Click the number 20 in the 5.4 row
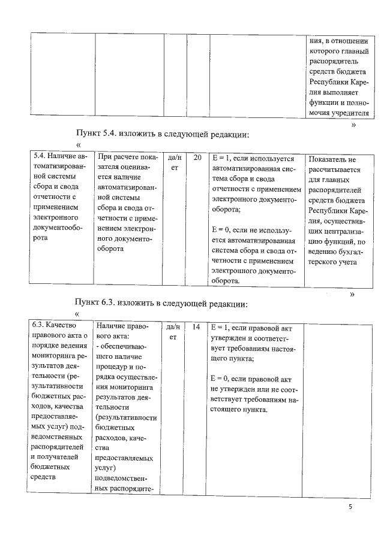(x=198, y=158)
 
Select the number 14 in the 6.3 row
(x=197, y=327)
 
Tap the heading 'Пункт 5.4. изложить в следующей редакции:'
(x=162, y=134)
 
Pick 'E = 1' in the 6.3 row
(x=223, y=328)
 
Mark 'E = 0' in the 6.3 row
(x=223, y=379)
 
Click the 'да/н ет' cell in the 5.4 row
(x=175, y=163)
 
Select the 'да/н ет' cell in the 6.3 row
(x=175, y=332)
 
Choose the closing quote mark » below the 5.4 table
(x=353, y=294)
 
